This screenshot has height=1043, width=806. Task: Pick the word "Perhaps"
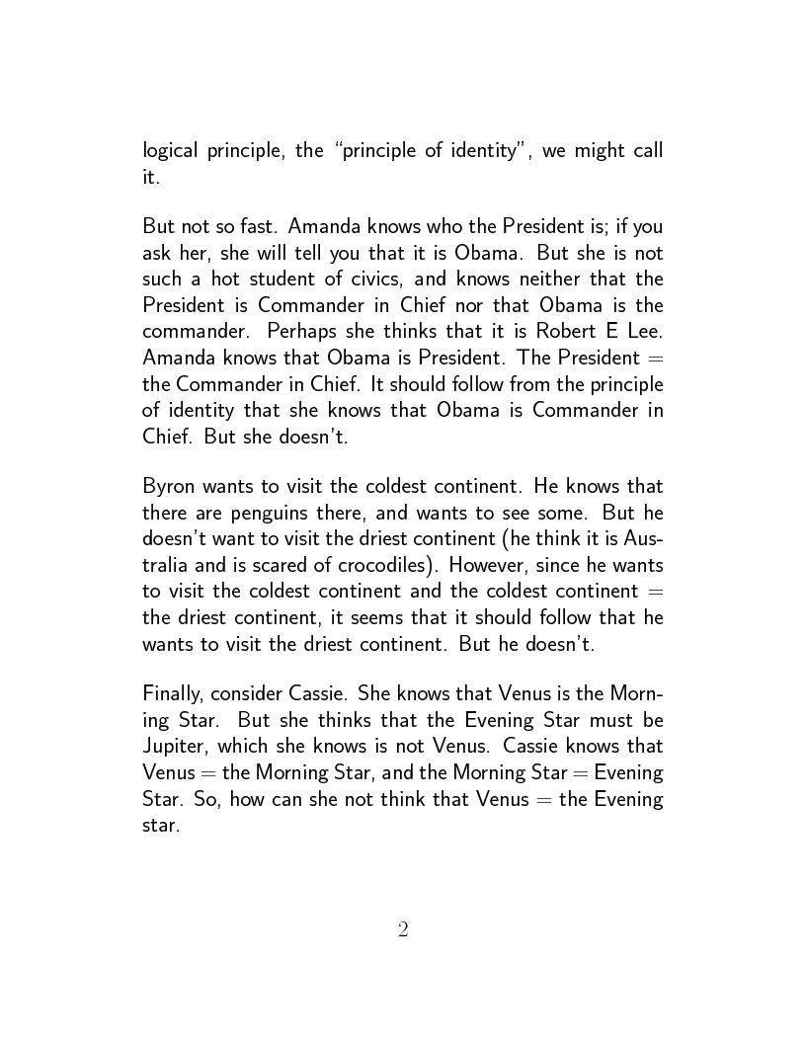point(302,331)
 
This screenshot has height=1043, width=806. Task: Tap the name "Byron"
point(170,487)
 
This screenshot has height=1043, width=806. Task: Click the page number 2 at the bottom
point(403,929)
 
